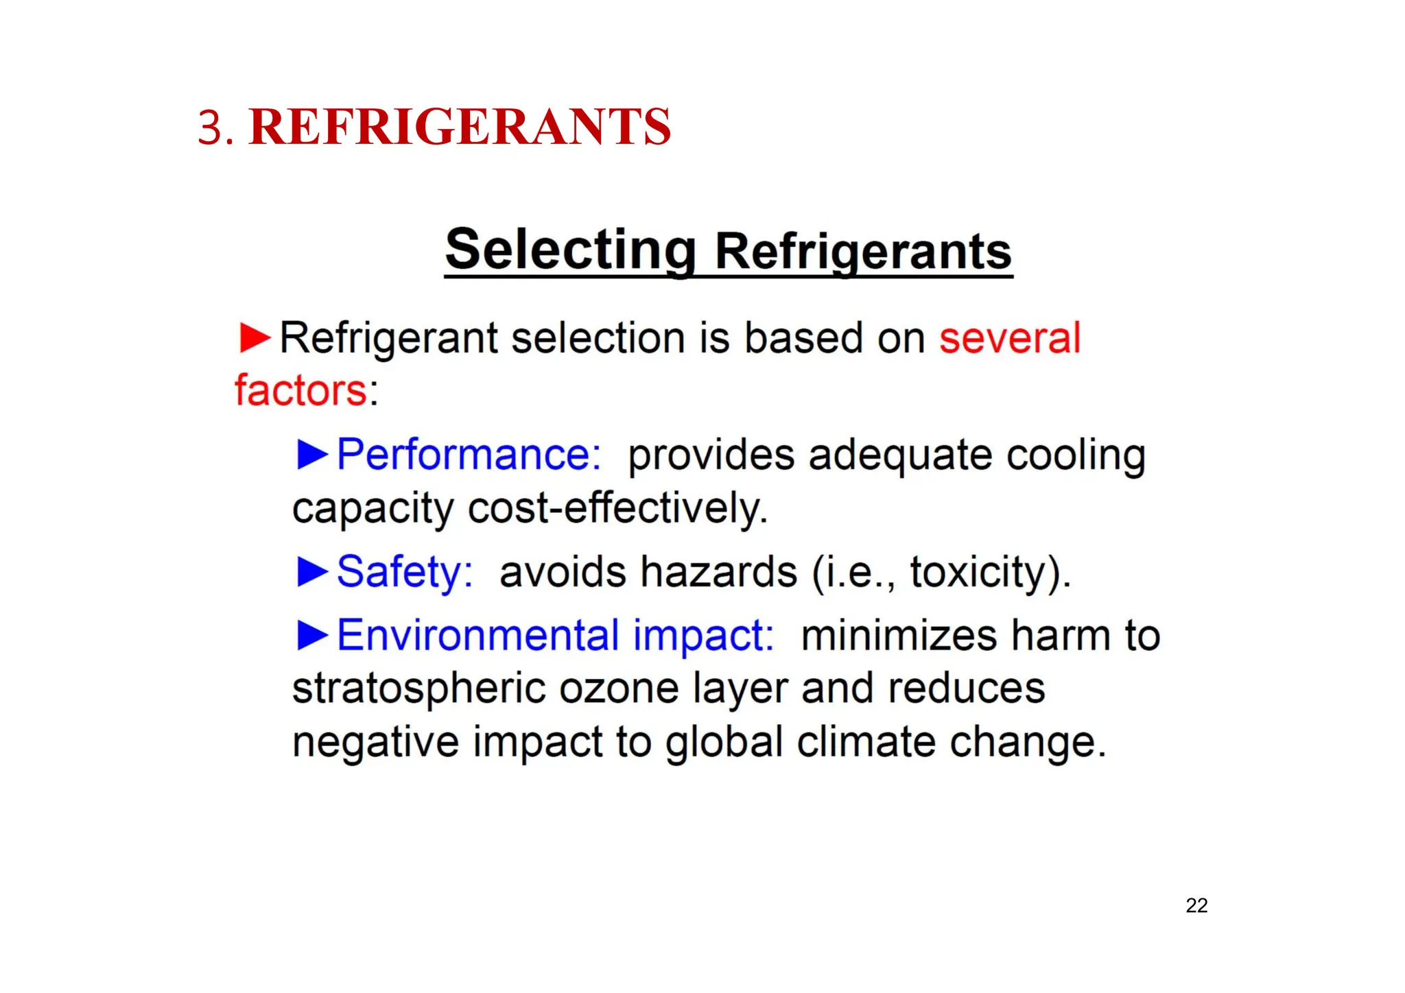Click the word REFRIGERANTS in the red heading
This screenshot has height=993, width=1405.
point(460,127)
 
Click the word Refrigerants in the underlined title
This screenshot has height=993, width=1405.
point(863,252)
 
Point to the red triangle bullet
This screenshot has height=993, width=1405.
point(255,338)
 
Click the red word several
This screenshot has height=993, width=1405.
point(1010,338)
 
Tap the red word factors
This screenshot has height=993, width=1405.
point(301,391)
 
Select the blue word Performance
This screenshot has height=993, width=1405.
point(469,455)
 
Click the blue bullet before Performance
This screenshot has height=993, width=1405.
point(312,455)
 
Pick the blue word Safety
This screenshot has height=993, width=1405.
point(405,572)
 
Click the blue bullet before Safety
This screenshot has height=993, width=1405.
point(312,572)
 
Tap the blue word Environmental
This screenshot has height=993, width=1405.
point(478,635)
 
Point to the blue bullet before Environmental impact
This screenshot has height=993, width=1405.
point(312,635)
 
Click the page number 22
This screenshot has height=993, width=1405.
point(1196,906)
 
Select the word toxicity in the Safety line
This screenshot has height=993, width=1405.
point(979,572)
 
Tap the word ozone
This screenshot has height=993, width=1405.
point(619,689)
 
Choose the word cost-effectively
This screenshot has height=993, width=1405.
point(617,508)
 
